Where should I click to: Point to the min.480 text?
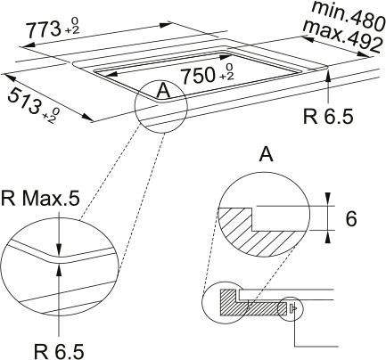pyautogui.click(x=349, y=16)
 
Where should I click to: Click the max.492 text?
pyautogui.click(x=341, y=37)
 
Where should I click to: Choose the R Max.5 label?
pyautogui.click(x=40, y=199)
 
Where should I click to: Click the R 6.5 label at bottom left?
pyautogui.click(x=59, y=351)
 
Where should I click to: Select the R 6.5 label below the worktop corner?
pyautogui.click(x=328, y=116)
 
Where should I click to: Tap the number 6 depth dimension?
pyautogui.click(x=351, y=219)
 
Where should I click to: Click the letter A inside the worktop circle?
pyautogui.click(x=163, y=90)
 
